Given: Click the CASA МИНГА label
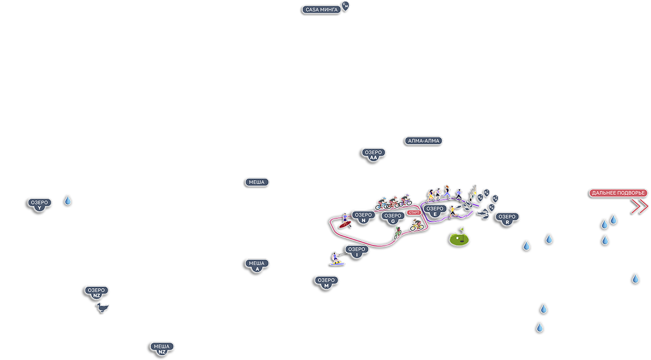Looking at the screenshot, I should (322, 9).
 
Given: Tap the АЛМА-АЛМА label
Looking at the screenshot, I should (424, 141).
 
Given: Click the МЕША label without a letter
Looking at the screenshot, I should (257, 182).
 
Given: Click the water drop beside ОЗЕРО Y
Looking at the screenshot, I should (68, 201).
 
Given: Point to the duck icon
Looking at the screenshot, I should (103, 308).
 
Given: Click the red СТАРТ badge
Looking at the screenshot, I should (414, 213).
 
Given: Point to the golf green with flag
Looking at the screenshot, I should (459, 237).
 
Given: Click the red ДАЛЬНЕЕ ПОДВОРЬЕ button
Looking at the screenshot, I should (618, 193).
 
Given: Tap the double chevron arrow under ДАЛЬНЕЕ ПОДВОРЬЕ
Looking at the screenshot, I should (640, 206).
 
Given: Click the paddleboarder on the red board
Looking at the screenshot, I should (344, 220).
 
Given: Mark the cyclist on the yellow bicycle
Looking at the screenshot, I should (416, 224).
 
